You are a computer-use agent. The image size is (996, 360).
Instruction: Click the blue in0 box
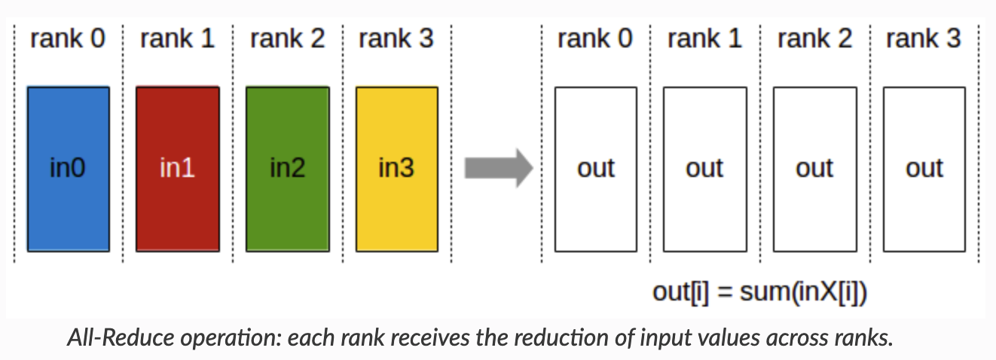(x=68, y=169)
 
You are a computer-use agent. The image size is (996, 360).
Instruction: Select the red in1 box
(x=177, y=169)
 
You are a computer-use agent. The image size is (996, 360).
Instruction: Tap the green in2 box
(x=287, y=169)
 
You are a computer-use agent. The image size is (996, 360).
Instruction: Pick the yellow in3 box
(x=396, y=169)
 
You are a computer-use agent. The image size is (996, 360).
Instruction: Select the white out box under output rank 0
(x=595, y=169)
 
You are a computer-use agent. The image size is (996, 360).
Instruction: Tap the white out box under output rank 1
(x=704, y=169)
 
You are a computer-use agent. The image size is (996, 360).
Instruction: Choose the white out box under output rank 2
(x=814, y=169)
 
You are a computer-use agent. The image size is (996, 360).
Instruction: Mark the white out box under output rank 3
(x=924, y=169)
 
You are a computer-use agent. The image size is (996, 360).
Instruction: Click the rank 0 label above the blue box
(x=68, y=39)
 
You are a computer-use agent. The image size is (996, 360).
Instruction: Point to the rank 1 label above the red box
(x=177, y=39)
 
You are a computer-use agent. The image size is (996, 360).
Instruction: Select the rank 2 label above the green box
(x=287, y=39)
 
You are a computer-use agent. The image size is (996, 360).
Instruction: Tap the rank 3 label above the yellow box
(x=396, y=39)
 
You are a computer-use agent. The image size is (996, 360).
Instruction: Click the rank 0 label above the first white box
(x=595, y=39)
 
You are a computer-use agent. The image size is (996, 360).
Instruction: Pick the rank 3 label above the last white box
(x=924, y=39)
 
